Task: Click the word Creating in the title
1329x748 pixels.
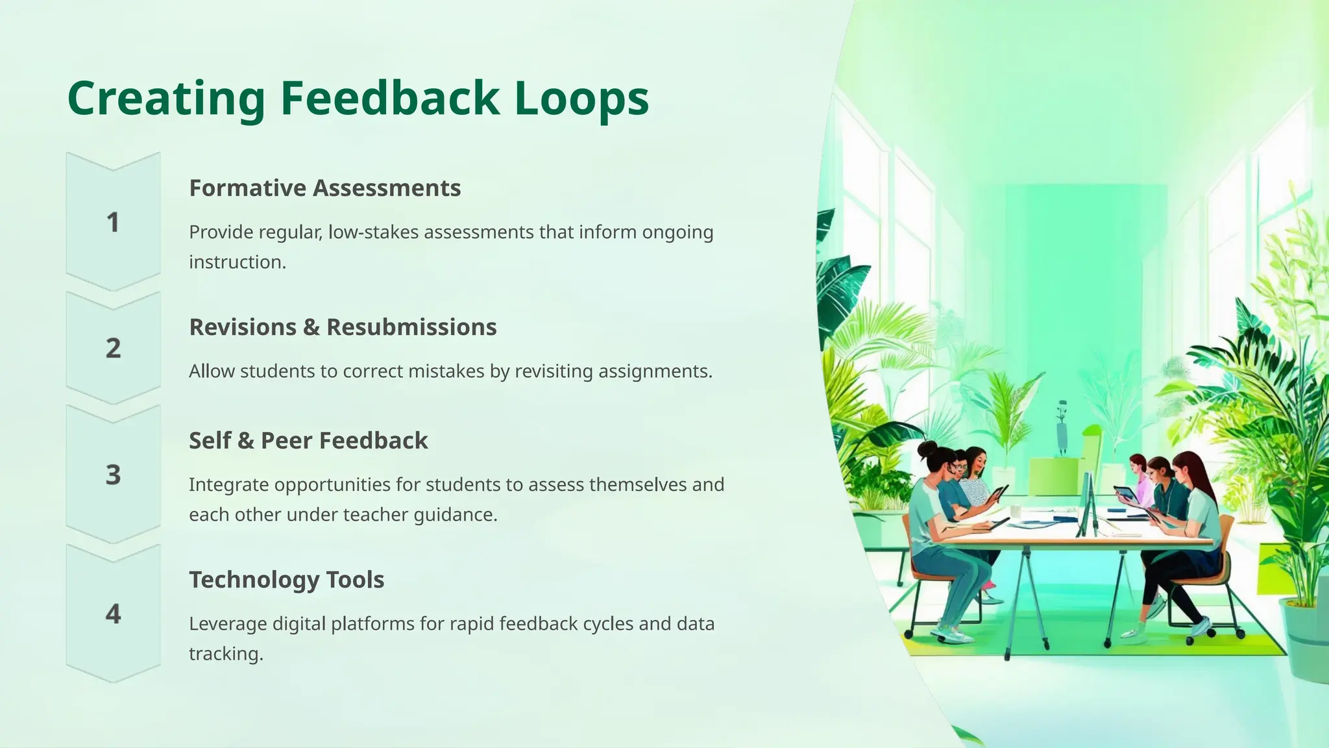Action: point(166,99)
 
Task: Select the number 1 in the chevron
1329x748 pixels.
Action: point(113,223)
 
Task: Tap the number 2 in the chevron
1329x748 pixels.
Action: point(113,349)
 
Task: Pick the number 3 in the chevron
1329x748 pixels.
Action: point(113,475)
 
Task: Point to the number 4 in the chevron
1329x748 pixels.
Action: point(113,614)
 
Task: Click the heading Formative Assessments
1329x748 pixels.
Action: point(324,188)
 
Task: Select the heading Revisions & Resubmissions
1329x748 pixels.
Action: point(343,327)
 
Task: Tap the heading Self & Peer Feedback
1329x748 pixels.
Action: point(308,441)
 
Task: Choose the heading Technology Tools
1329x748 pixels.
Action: point(286,580)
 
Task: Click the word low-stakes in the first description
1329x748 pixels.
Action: point(373,232)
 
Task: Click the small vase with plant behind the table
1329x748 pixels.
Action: point(1062,429)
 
